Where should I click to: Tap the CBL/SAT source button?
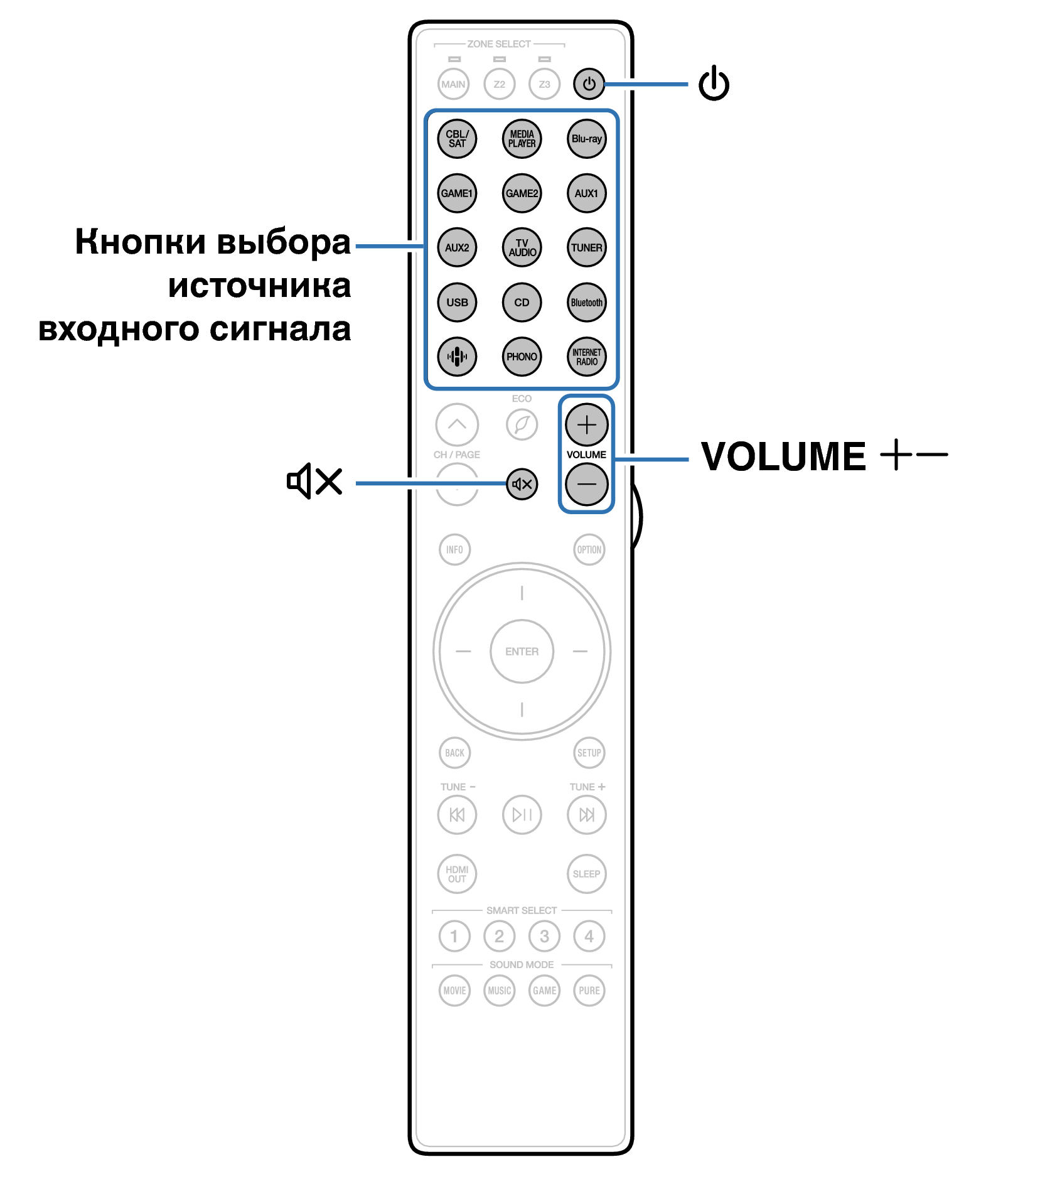tap(457, 139)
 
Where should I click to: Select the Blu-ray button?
tap(586, 139)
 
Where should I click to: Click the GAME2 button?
tap(522, 193)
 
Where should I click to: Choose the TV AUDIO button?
tap(522, 247)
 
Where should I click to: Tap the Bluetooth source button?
tap(586, 302)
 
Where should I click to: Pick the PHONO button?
tap(522, 357)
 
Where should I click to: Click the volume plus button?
tap(586, 425)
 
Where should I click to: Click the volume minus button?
tap(586, 484)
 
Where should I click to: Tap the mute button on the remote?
tap(522, 484)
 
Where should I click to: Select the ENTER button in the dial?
tap(522, 652)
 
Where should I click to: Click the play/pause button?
tap(522, 815)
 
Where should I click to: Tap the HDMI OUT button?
tap(457, 874)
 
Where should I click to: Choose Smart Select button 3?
tap(544, 936)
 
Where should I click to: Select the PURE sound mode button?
tap(589, 991)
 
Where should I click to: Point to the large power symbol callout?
tap(714, 84)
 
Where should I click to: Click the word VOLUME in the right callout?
tap(783, 456)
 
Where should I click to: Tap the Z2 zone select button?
tap(499, 84)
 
